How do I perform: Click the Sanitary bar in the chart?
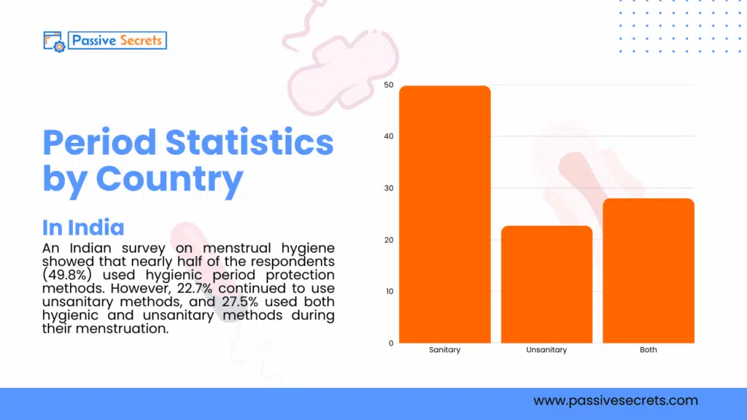444,214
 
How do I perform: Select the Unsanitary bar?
546,284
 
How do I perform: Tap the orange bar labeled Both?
648,271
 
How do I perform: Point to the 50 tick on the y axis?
388,85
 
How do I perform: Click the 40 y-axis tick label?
388,136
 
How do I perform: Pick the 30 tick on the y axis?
388,188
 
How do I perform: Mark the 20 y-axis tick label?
388,240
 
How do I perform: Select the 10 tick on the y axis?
388,292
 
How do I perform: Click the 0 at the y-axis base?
390,343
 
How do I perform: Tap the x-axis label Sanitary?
444,350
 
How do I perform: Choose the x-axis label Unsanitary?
546,350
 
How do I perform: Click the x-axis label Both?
648,350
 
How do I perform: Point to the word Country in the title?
169,179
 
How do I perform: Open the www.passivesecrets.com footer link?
615,400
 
